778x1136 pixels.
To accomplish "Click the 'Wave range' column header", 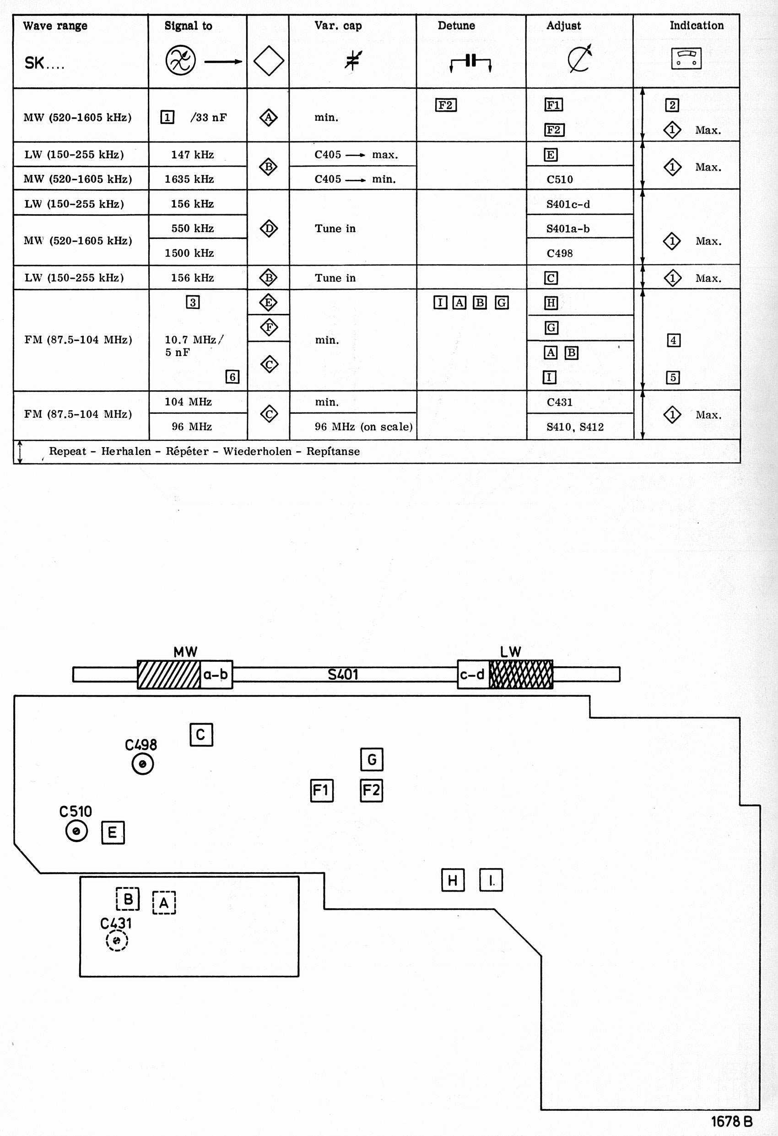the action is [x=55, y=26].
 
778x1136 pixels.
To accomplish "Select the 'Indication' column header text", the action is [x=696, y=26].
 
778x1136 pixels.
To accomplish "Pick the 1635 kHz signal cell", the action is [x=189, y=179].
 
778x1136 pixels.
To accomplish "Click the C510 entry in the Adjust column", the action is [x=560, y=179].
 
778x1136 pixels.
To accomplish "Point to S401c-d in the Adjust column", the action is [x=568, y=204].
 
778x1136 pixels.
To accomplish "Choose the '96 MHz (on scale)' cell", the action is [x=363, y=427].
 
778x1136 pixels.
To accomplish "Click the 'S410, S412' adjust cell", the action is [x=575, y=427].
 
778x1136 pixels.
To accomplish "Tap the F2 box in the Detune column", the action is [x=446, y=105].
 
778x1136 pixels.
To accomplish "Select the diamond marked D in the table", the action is [x=269, y=228].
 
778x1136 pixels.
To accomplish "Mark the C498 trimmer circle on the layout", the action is [x=143, y=763].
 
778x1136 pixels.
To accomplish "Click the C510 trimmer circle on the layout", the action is [x=76, y=831].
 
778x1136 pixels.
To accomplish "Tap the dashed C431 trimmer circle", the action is [x=117, y=940].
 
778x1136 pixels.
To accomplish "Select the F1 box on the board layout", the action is [x=322, y=790].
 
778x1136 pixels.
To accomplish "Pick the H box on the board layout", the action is [x=453, y=880].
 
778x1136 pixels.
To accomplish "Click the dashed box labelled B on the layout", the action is [x=128, y=898].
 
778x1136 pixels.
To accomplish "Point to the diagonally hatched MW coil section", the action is [x=168, y=675].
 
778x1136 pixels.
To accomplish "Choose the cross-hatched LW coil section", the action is [x=521, y=675].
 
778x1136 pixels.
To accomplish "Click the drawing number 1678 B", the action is [x=731, y=1121].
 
